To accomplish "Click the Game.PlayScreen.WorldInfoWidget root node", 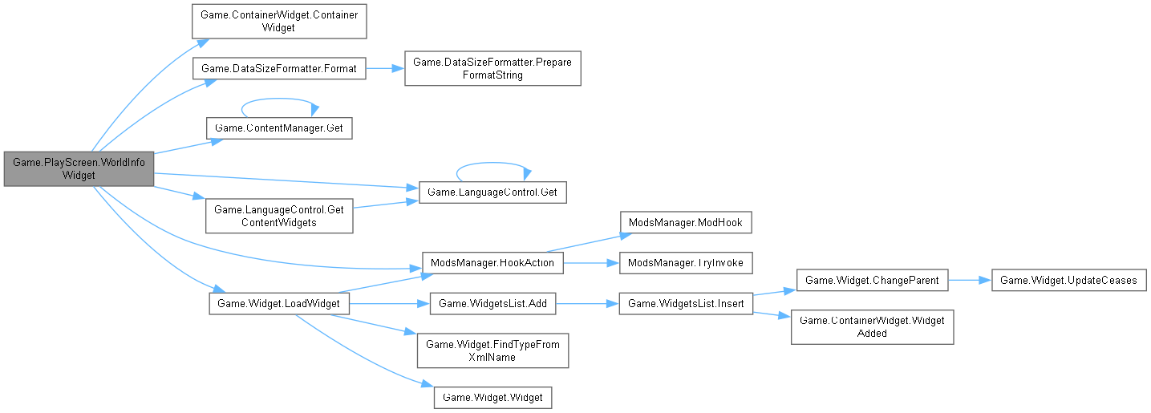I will (x=78, y=168).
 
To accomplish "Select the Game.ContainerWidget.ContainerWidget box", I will (x=279, y=20).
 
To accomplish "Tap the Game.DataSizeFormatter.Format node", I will (x=279, y=68).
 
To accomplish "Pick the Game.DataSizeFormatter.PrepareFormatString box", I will (x=492, y=68).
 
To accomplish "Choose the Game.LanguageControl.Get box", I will (x=492, y=192).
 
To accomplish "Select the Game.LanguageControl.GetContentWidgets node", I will (x=279, y=216).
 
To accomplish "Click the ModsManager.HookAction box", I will (x=492, y=262).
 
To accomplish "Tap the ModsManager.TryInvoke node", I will (x=684, y=262).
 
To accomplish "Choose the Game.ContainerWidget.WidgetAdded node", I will (x=872, y=327).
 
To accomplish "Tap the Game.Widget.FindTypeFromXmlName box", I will (x=492, y=350).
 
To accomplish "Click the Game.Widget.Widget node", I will (x=492, y=397).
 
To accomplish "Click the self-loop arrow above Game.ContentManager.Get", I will (x=279, y=102).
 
